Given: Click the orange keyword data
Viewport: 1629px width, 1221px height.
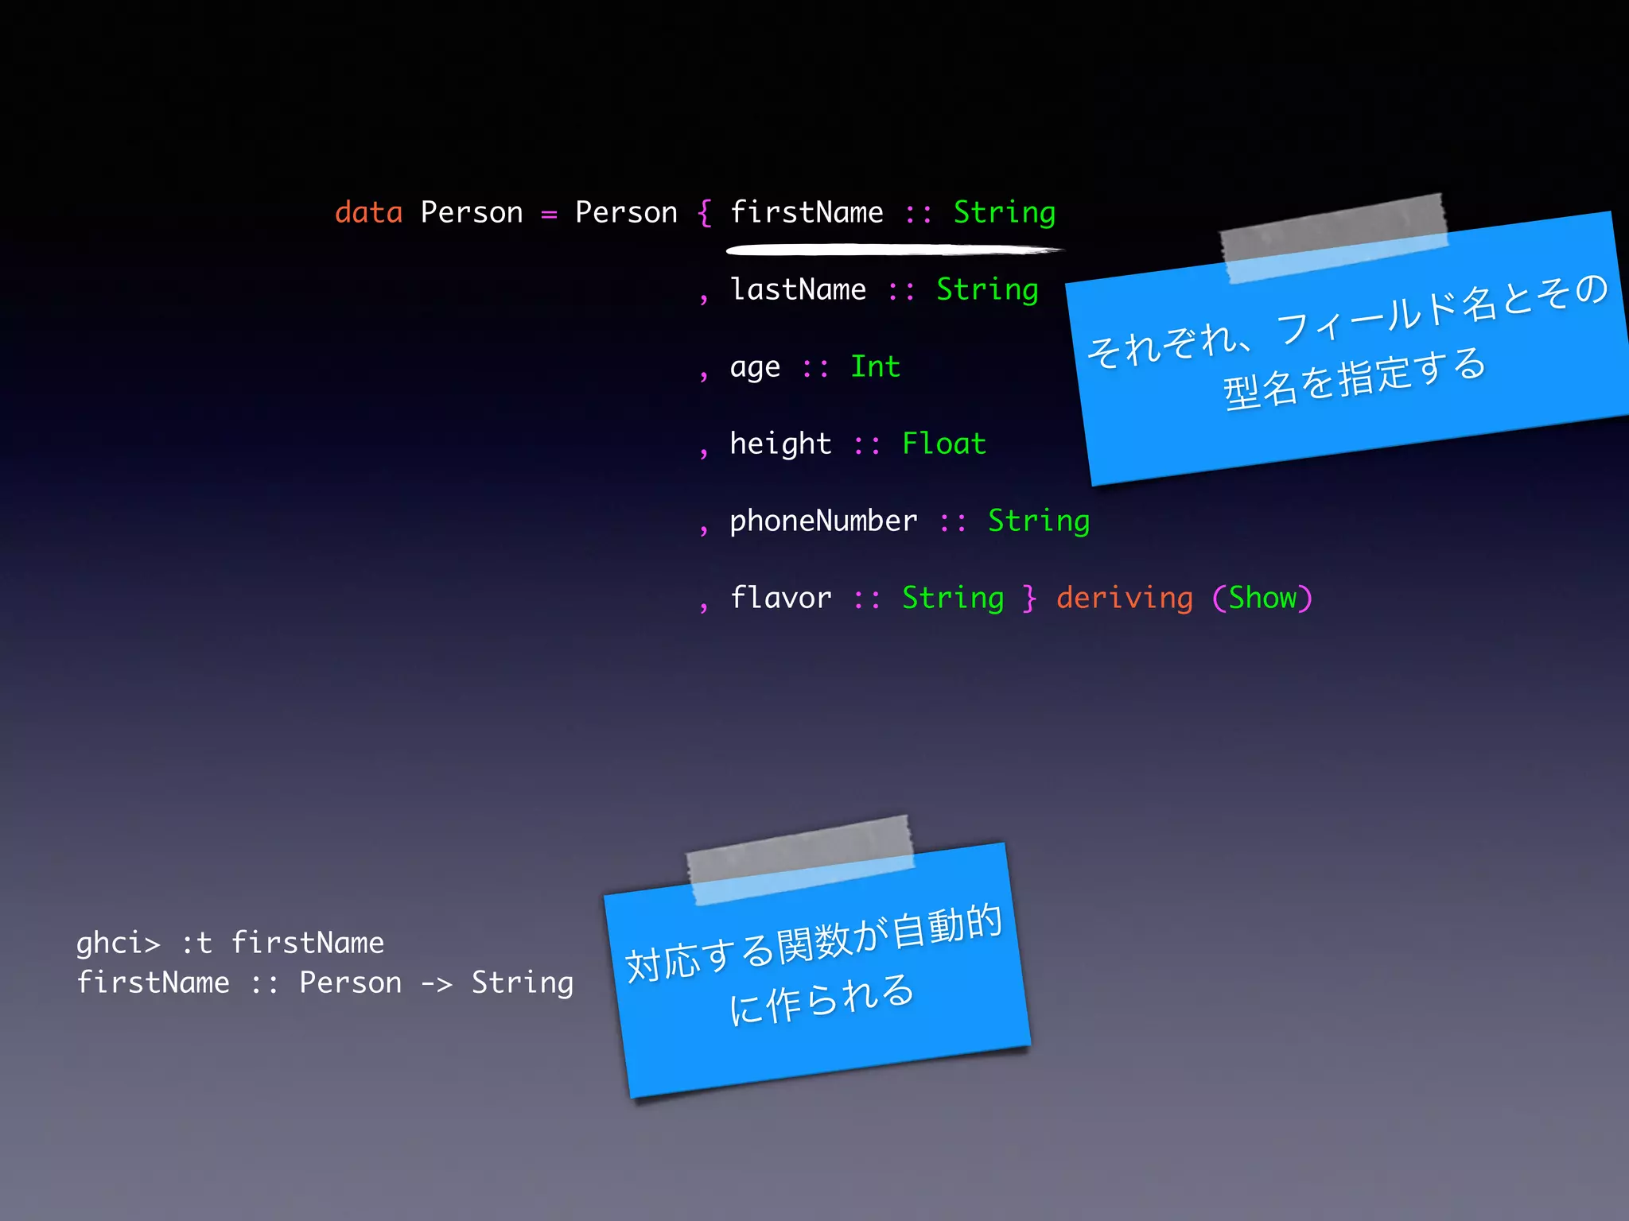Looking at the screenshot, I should click(368, 213).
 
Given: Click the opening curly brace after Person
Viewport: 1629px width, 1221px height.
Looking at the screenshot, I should click(704, 213).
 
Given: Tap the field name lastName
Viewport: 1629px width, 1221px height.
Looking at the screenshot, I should click(798, 290).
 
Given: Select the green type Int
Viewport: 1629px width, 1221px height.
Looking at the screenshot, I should click(875, 367).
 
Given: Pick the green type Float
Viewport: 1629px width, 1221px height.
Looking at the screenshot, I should click(944, 444).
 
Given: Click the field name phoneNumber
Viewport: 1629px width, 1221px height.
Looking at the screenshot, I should click(823, 521).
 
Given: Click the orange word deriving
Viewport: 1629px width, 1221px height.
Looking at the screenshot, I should click(1124, 599).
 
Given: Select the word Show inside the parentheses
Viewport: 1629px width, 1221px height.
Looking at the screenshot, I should click(1262, 599).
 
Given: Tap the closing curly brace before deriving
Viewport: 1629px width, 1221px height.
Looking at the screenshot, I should click(1030, 599).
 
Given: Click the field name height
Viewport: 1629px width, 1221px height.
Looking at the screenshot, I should click(780, 444).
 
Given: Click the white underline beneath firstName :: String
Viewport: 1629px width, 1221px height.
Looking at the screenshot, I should click(891, 250).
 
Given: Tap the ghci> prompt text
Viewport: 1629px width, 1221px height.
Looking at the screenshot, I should click(118, 944).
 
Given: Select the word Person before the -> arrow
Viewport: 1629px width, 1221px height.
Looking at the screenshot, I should click(350, 983).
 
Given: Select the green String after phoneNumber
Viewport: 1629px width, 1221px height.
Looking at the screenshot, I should click(1038, 521).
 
